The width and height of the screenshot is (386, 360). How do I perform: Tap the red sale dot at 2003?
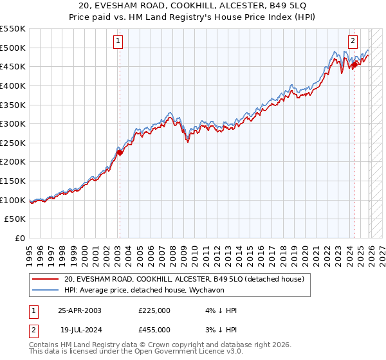[119, 152]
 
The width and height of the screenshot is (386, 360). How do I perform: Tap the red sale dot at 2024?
[354, 64]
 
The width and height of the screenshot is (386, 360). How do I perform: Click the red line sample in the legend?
[46, 279]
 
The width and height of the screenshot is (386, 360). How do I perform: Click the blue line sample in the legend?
[46, 291]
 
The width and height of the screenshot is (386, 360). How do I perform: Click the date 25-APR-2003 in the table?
[80, 310]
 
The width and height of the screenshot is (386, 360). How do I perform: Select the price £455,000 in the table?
[154, 329]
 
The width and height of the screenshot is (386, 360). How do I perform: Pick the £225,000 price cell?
[154, 310]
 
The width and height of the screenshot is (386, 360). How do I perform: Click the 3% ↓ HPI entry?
[219, 329]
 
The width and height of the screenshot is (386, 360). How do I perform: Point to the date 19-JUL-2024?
[80, 329]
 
